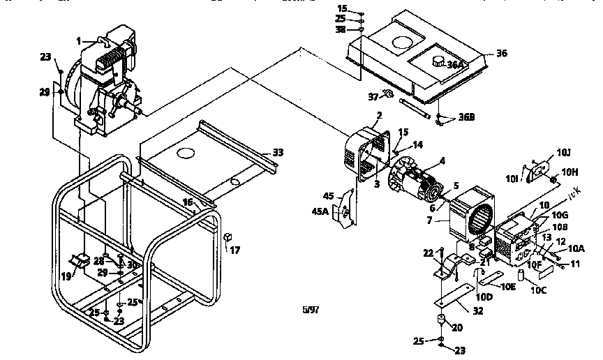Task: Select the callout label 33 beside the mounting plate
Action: pos(278,151)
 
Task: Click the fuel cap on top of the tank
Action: pos(438,60)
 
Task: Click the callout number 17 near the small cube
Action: pos(235,249)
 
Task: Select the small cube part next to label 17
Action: pos(228,237)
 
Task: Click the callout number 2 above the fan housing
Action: pos(378,115)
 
